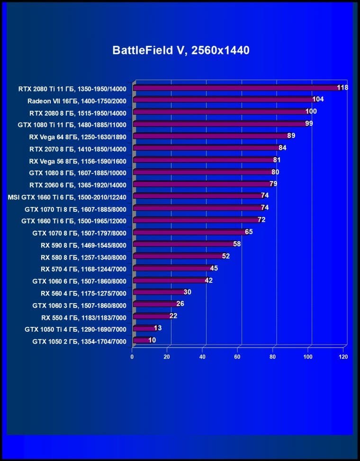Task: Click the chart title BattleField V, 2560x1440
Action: pyautogui.click(x=180, y=50)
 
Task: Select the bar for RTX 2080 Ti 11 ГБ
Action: pyautogui.click(x=237, y=88)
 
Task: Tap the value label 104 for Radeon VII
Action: pyautogui.click(x=318, y=99)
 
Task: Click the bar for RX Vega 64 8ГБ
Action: pyautogui.click(x=211, y=136)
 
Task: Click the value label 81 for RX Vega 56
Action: pyautogui.click(x=278, y=160)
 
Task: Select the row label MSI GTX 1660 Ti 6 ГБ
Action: pyautogui.click(x=67, y=196)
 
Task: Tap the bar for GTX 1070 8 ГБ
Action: pyautogui.click(x=189, y=233)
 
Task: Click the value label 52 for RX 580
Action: pyautogui.click(x=226, y=256)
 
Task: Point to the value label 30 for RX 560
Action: pyautogui.click(x=187, y=292)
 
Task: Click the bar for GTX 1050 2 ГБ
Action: pyautogui.click(x=141, y=341)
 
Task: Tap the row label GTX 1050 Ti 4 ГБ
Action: pyautogui.click(x=76, y=329)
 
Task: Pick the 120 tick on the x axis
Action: pyautogui.click(x=343, y=357)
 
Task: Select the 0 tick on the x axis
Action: pyautogui.click(x=132, y=357)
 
